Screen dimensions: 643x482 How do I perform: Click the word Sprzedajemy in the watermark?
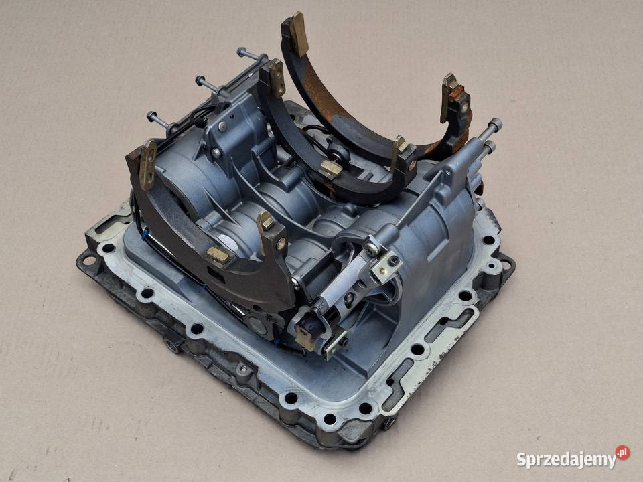[x=567, y=459]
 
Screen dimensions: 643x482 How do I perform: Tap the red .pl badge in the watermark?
[x=622, y=453]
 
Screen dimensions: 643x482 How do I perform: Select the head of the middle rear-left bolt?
[x=200, y=80]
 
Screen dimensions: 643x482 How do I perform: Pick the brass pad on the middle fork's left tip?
[x=277, y=77]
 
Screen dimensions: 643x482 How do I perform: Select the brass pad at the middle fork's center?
[x=332, y=167]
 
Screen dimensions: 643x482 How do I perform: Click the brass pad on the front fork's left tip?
[x=147, y=165]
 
